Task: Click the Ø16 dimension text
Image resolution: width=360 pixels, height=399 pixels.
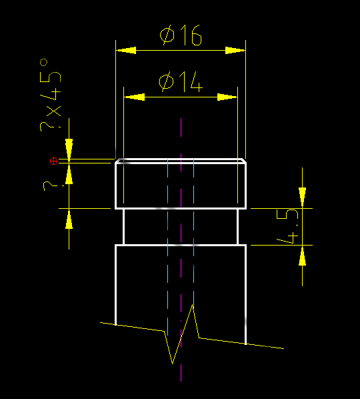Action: tap(181, 35)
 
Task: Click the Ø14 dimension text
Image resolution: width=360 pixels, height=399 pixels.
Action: tap(180, 83)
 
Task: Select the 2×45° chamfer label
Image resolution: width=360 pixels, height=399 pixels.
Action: tap(51, 93)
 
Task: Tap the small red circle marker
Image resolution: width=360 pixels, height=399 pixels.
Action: tap(54, 161)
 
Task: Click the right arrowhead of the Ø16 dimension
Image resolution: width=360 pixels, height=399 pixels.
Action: tap(236, 50)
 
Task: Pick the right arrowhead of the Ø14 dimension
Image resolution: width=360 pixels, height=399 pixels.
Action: tap(228, 97)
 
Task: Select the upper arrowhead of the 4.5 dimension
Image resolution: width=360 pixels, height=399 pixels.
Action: tap(302, 197)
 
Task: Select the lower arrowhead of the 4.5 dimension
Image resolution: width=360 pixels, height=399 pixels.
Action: tap(302, 256)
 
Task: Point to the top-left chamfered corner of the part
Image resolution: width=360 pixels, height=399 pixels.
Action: tap(119, 161)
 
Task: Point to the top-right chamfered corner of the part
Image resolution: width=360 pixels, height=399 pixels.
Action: tap(243, 161)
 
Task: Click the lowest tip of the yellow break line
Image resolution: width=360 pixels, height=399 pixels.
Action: tap(173, 364)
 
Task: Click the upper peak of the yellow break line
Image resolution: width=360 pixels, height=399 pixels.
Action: tap(193, 305)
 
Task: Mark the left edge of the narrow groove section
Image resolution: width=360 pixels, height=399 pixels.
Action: tap(124, 227)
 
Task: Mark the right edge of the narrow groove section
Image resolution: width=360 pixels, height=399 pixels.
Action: tap(238, 227)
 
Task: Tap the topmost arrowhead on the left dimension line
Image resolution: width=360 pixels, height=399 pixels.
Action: tap(69, 148)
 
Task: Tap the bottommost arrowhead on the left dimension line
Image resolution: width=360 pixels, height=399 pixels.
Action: tap(69, 220)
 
